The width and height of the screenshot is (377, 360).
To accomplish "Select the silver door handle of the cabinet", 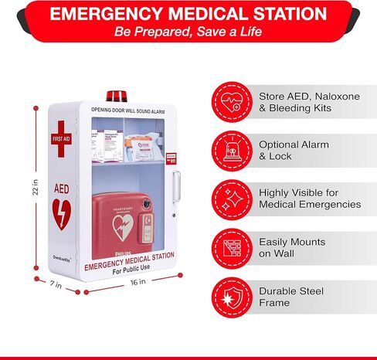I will [x=175, y=186].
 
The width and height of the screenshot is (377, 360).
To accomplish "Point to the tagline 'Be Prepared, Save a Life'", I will [x=188, y=32].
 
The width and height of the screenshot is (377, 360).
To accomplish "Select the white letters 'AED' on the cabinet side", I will [x=61, y=188].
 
